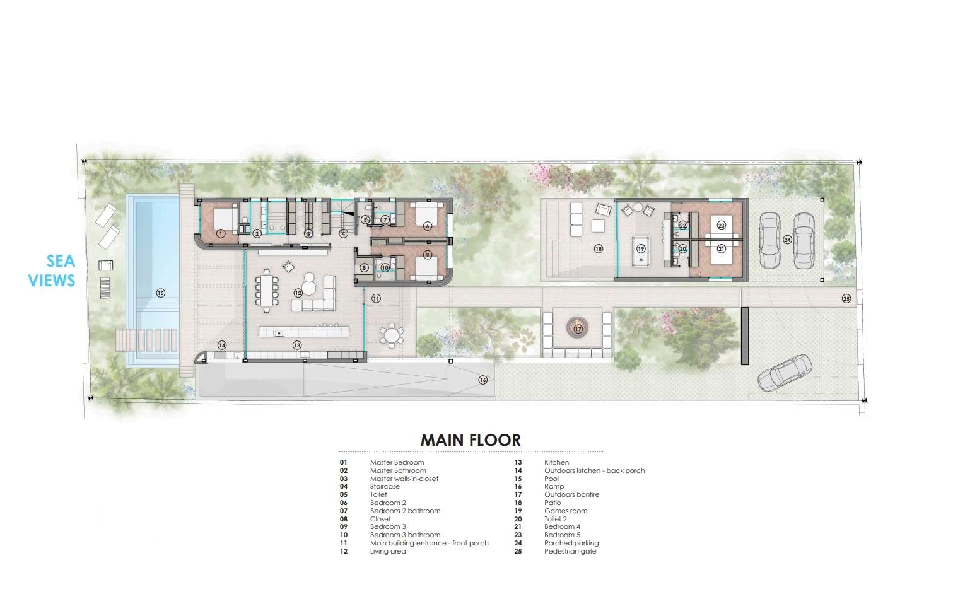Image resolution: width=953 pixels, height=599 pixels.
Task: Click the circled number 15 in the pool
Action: tap(160, 293)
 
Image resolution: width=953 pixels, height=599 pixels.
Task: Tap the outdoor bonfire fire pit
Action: tap(578, 329)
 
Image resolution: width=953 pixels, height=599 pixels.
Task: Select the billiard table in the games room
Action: tap(641, 251)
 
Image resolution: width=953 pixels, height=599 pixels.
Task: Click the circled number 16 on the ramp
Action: tap(482, 380)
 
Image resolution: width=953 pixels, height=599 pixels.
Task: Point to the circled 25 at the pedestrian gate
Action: tap(846, 299)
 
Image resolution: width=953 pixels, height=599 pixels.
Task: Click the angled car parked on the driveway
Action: tap(785, 373)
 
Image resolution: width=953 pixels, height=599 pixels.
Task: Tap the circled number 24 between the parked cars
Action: tap(788, 240)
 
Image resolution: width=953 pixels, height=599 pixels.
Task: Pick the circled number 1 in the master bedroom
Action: tap(220, 233)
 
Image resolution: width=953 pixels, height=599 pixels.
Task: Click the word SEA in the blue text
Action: tap(61, 261)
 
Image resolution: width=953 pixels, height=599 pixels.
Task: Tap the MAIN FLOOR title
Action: tap(471, 440)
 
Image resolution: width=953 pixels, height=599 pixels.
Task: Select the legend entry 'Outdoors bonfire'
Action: tap(571, 494)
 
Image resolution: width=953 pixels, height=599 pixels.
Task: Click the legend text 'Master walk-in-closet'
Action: tap(404, 479)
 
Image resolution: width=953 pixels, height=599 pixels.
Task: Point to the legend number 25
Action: tap(518, 551)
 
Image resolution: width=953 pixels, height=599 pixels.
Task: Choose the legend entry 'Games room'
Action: tap(565, 511)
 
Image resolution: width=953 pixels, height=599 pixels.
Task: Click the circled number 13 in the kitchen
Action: tap(297, 346)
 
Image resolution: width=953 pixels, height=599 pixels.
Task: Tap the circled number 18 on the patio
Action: tap(598, 248)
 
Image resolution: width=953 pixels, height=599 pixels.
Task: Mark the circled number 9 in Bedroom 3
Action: tap(428, 254)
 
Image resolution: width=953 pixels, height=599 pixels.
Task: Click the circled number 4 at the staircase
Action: tap(343, 233)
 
